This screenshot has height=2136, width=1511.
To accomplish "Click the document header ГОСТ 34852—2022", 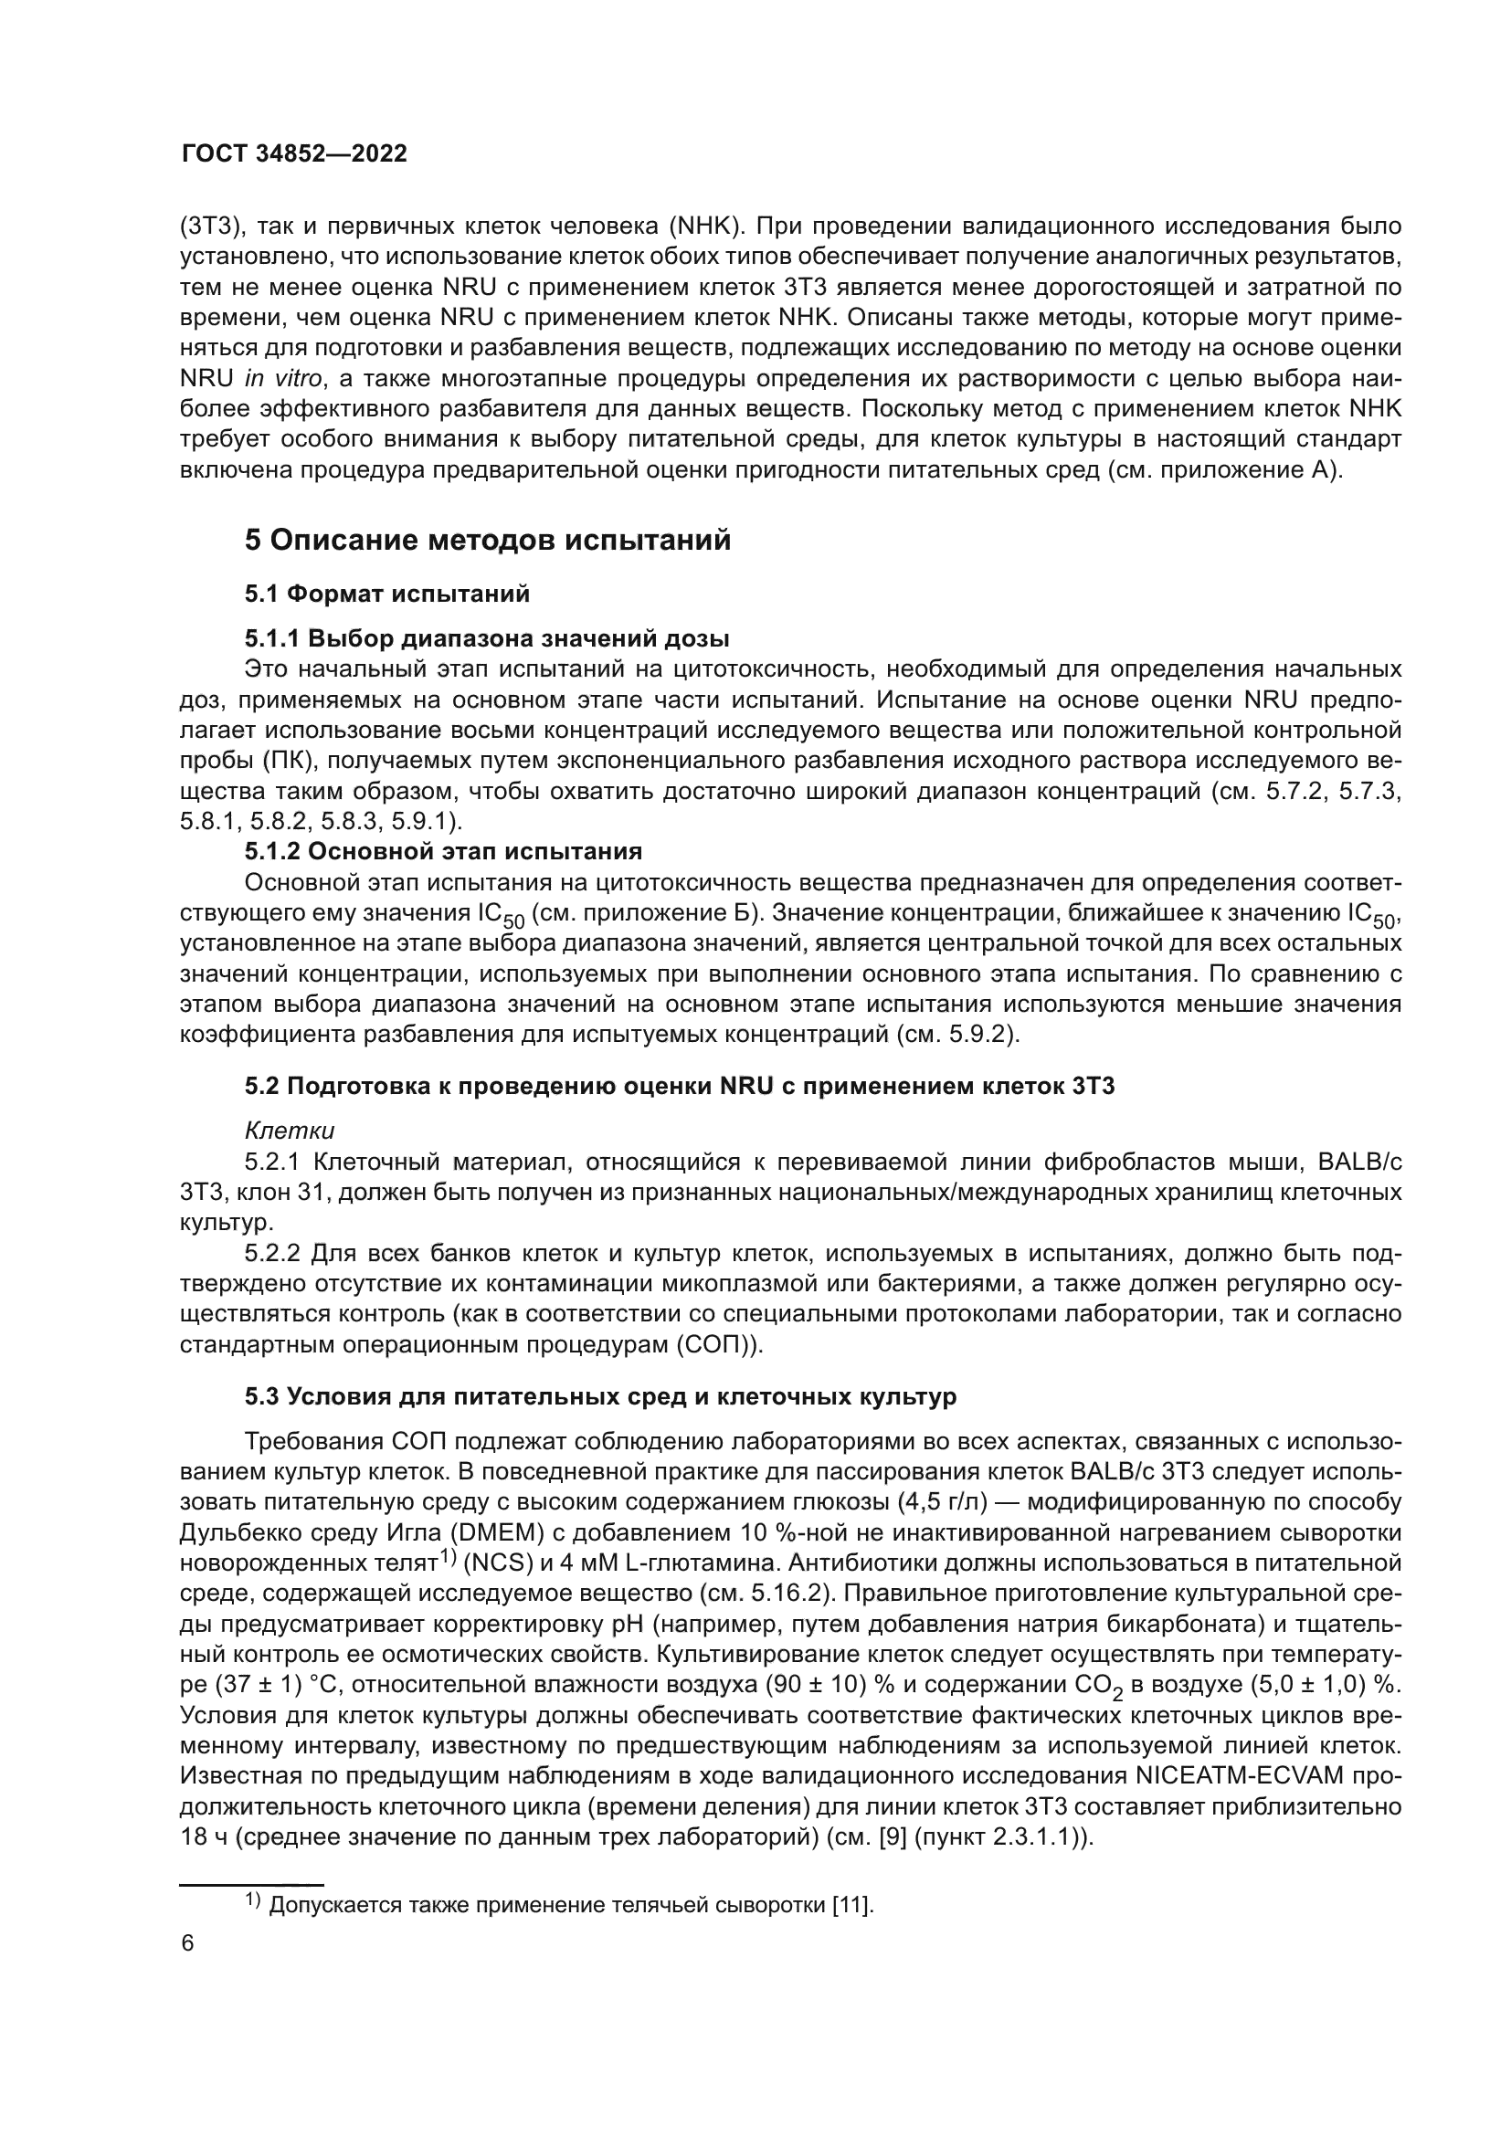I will point(294,154).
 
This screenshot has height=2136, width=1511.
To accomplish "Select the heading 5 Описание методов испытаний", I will point(488,541).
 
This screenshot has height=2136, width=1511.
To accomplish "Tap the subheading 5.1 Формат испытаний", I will point(387,594).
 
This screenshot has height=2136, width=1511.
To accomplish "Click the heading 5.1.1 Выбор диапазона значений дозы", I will point(487,639).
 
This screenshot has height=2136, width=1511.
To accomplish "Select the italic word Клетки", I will point(290,1131).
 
